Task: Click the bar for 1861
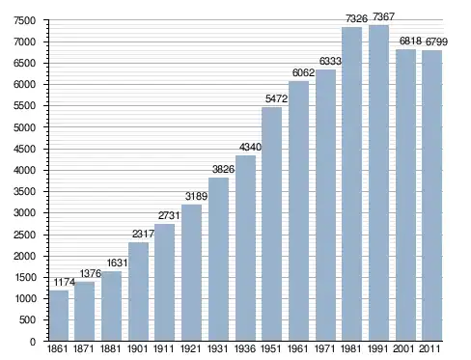click(x=59, y=316)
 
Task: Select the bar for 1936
click(x=245, y=248)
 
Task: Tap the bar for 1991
click(x=378, y=182)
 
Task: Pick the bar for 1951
click(x=272, y=224)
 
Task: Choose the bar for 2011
click(x=432, y=195)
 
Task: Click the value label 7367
click(x=383, y=16)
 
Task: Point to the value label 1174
click(x=65, y=282)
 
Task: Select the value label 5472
click(x=276, y=98)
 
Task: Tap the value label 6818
click(x=410, y=41)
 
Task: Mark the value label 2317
click(x=144, y=234)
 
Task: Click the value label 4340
click(x=250, y=147)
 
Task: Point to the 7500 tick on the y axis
click(x=24, y=20)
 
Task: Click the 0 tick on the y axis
click(x=33, y=342)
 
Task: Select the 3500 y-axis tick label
click(x=24, y=192)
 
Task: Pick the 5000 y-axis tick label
click(x=24, y=127)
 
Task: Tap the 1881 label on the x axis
click(x=110, y=348)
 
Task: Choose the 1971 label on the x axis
click(x=324, y=348)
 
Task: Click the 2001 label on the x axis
click(x=403, y=348)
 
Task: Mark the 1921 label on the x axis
click(x=190, y=348)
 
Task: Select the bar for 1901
click(x=138, y=291)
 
